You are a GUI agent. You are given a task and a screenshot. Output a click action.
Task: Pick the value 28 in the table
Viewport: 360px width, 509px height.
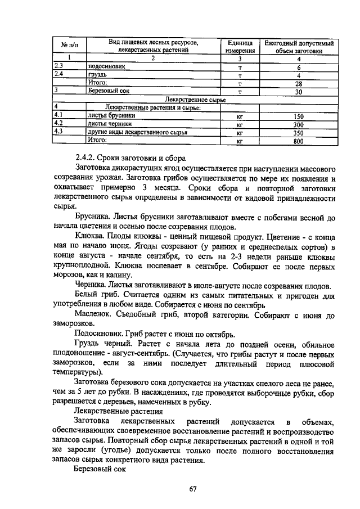tap(299, 83)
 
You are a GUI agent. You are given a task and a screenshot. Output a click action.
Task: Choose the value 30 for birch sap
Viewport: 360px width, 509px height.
tap(299, 91)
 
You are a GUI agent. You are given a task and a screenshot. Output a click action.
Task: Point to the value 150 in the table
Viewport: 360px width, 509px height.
tap(299, 116)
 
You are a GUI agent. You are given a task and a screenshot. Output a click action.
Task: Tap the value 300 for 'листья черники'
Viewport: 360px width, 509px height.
tap(299, 125)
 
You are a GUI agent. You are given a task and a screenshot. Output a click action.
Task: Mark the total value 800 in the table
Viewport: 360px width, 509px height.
tap(299, 142)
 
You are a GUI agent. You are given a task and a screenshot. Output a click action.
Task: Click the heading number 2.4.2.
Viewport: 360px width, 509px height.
tap(85, 157)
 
